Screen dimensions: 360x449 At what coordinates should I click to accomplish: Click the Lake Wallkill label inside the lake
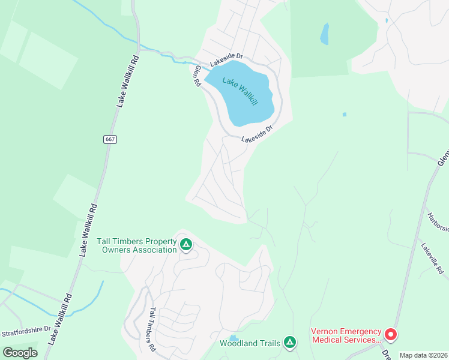click(240, 92)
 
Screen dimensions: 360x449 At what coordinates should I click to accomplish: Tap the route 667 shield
click(109, 139)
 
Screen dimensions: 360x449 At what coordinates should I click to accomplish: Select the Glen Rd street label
click(196, 76)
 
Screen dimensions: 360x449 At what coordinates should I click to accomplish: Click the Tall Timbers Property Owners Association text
click(136, 245)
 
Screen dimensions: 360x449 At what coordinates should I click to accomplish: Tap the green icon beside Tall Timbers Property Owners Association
click(186, 244)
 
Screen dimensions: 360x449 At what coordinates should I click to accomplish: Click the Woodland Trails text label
click(250, 343)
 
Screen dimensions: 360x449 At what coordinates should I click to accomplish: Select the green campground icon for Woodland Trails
click(290, 343)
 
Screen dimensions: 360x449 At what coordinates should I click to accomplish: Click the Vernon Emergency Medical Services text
click(346, 335)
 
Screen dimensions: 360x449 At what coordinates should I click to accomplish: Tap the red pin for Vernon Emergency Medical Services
click(390, 334)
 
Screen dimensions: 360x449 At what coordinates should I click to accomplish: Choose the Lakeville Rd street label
click(431, 258)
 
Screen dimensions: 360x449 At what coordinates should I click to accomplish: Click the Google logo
click(20, 353)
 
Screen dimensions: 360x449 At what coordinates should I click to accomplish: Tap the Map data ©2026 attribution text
click(423, 355)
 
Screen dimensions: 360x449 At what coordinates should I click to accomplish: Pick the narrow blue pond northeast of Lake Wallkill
click(325, 34)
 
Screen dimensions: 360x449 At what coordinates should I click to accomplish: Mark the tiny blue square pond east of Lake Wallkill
click(344, 114)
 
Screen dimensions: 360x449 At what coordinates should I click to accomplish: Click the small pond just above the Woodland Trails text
click(233, 338)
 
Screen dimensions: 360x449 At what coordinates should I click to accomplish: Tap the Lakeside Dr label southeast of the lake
click(258, 134)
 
